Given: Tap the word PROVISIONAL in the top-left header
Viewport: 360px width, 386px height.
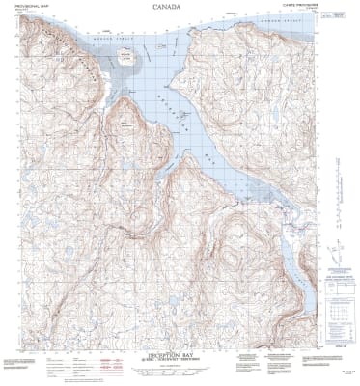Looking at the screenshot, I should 17,7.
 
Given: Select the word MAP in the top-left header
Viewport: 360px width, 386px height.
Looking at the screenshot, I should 40,7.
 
